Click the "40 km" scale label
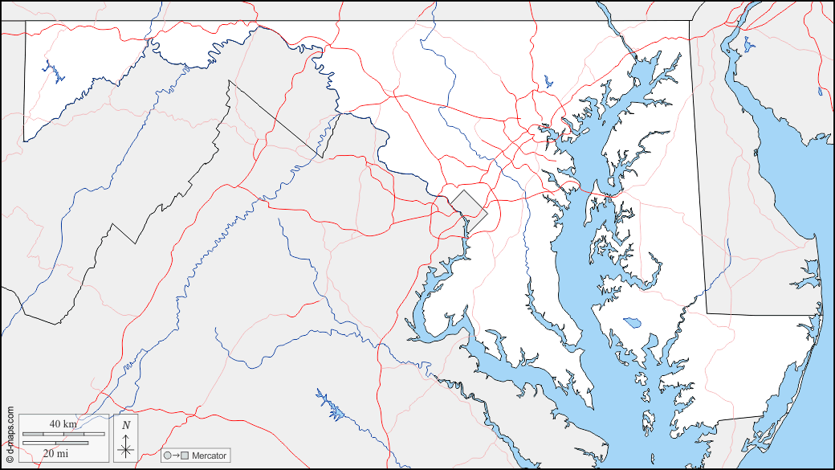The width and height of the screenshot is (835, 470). pyautogui.click(x=62, y=423)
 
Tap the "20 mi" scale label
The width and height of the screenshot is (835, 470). pyautogui.click(x=55, y=454)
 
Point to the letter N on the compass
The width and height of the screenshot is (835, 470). pyautogui.click(x=126, y=425)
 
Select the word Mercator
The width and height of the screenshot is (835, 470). pyautogui.click(x=209, y=456)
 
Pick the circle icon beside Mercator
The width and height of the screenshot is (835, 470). pyautogui.click(x=168, y=456)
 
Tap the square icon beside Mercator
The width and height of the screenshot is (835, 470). pyautogui.click(x=185, y=456)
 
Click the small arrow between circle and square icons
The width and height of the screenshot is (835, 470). pyautogui.click(x=176, y=456)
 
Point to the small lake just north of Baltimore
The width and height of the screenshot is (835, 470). pyautogui.click(x=548, y=80)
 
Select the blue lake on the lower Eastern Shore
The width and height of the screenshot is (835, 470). pyautogui.click(x=632, y=323)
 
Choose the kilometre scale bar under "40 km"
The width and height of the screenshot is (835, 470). pyautogui.click(x=63, y=434)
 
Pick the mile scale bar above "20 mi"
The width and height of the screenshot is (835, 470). pyautogui.click(x=55, y=442)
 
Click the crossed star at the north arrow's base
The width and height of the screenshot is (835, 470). pyautogui.click(x=125, y=449)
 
